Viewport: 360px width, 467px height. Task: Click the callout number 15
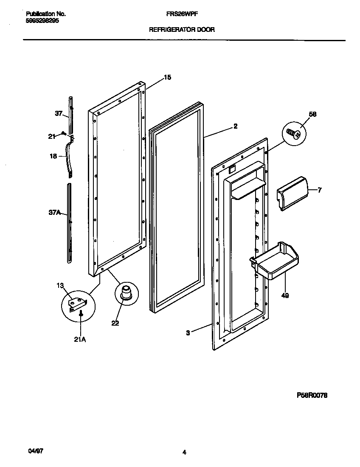click(x=167, y=77)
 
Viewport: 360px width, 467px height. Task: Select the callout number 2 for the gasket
click(x=235, y=126)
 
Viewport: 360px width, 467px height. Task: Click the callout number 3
click(x=188, y=333)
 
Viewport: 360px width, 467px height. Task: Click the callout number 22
click(x=115, y=323)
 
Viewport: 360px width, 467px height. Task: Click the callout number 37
click(x=59, y=113)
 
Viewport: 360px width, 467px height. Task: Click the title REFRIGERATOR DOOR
click(x=181, y=30)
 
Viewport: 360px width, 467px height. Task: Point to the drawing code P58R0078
click(x=312, y=395)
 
